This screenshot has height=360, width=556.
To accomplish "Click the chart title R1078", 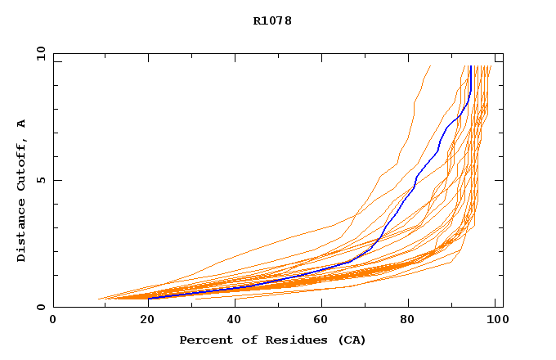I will [272, 21].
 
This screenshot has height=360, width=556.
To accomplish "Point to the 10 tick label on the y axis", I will [41, 54].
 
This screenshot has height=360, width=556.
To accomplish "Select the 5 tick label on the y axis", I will [41, 180].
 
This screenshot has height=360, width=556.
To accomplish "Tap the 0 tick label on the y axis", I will [41, 307].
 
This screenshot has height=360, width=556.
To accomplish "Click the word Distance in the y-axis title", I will [22, 232].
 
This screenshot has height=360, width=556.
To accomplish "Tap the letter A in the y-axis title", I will [22, 124].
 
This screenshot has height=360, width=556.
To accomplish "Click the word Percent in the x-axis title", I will [204, 340].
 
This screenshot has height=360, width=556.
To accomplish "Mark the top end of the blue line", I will [470, 66].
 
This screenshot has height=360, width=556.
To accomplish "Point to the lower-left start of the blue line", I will [149, 298].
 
